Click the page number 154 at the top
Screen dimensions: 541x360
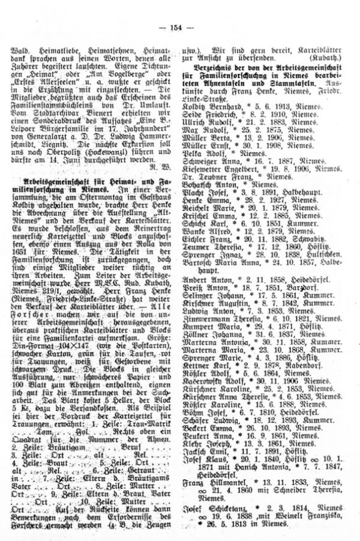click(x=179, y=12)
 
